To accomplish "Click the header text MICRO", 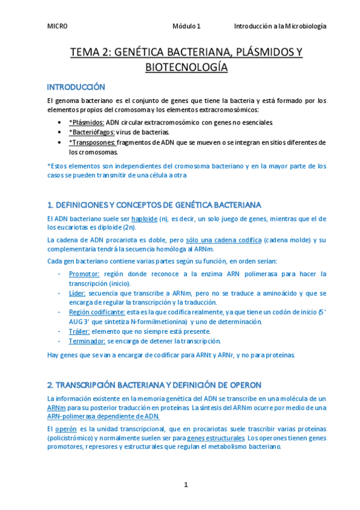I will click(57, 26).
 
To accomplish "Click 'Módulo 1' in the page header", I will click(186, 26).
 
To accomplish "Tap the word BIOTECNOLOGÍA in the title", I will click(186, 67).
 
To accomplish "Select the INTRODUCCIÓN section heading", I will click(76, 87).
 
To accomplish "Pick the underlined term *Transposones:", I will click(92, 142).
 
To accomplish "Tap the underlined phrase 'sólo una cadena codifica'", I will click(223, 240).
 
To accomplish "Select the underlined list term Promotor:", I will click(84, 274).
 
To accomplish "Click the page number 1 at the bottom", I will click(186, 485).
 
